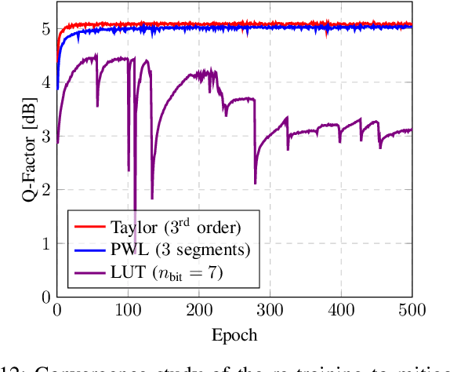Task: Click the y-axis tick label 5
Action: [x=45, y=29]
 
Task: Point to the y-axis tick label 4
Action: [x=45, y=82]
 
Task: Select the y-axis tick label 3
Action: [x=45, y=136]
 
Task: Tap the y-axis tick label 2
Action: [x=45, y=189]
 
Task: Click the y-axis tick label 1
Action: [x=45, y=243]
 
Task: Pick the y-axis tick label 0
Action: [x=45, y=297]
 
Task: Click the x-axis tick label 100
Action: [x=128, y=312]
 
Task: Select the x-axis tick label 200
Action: [x=199, y=312]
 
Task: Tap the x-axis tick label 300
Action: [x=270, y=312]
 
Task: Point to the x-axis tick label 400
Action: [x=341, y=312]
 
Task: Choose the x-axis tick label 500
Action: [x=412, y=312]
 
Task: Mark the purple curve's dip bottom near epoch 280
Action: [x=256, y=183]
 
